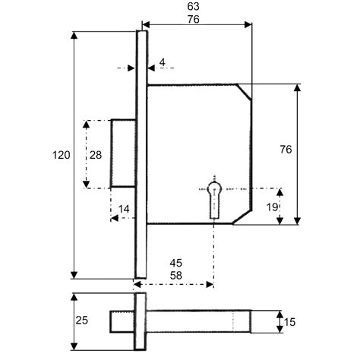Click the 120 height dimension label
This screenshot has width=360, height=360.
pyautogui.click(x=62, y=155)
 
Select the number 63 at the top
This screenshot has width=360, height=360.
pyautogui.click(x=193, y=7)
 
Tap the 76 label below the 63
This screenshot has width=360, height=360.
pyautogui.click(x=193, y=20)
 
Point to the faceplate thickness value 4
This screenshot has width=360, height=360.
pyautogui.click(x=163, y=62)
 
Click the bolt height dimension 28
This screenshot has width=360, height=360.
pyautogui.click(x=96, y=155)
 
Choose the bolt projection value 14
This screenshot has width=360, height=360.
pyautogui.click(x=124, y=209)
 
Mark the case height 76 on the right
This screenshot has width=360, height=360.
pyautogui.click(x=286, y=150)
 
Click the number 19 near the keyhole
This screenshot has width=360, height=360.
pyautogui.click(x=272, y=207)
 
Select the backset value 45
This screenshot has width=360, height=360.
pyautogui.click(x=176, y=263)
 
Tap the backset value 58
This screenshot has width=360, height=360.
pyautogui.click(x=176, y=276)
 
